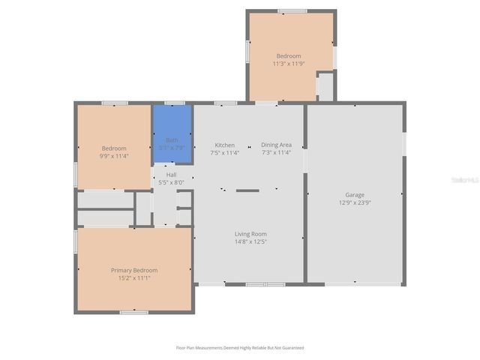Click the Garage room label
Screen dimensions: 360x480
(355, 195)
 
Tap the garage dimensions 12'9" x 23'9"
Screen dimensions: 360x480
(355, 202)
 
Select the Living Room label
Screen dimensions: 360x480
(250, 234)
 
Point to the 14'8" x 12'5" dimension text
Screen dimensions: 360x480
(250, 241)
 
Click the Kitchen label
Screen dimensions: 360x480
(224, 145)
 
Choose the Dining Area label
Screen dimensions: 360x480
(276, 145)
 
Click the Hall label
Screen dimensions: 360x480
(171, 175)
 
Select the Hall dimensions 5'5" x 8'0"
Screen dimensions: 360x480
(171, 182)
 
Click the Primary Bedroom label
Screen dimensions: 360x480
(134, 270)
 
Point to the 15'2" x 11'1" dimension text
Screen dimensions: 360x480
(134, 277)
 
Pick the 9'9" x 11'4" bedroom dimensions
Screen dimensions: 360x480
(114, 156)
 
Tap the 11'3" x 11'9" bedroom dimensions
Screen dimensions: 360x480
(288, 64)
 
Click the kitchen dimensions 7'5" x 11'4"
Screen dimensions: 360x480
(224, 153)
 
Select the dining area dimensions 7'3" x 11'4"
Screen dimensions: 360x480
(276, 153)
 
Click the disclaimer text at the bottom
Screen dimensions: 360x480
(240, 348)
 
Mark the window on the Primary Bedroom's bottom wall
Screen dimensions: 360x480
(133, 311)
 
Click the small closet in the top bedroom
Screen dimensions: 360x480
(325, 86)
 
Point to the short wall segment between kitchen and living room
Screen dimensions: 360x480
(247, 190)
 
